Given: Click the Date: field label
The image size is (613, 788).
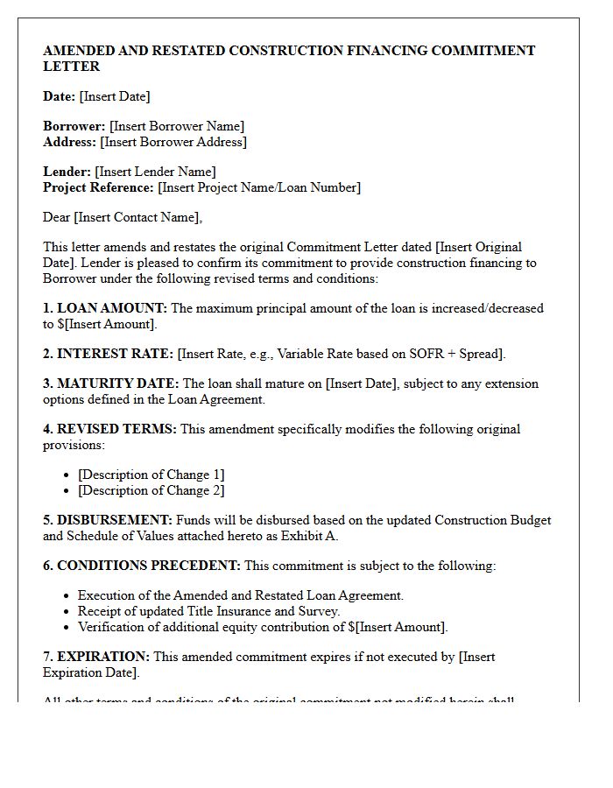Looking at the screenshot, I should coord(59,96).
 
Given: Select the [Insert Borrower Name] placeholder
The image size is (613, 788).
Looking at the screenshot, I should coord(177,126).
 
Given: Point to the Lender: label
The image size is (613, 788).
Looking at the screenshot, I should coord(67,172).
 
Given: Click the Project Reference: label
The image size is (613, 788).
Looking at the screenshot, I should coord(98,187).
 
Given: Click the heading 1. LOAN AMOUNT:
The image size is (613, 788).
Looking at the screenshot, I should coord(105,308).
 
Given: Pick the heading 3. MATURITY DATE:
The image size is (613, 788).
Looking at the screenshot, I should coord(111,383).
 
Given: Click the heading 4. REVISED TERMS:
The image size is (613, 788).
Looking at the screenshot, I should coord(109,429).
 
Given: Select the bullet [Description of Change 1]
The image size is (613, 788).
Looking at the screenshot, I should coord(151,475).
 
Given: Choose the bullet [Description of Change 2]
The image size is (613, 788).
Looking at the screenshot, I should coord(151,490).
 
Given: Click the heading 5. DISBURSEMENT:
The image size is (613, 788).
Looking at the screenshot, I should coord(108,520).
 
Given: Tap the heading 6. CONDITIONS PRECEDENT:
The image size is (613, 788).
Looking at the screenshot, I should coord(142,566).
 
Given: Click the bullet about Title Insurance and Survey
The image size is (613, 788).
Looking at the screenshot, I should coord(208,611).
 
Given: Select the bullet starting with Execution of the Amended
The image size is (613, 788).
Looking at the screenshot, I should coord(241,595).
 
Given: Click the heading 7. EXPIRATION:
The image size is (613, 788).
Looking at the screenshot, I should coord(96,657).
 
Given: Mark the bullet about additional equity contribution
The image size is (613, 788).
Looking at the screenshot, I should coord(263,627).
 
